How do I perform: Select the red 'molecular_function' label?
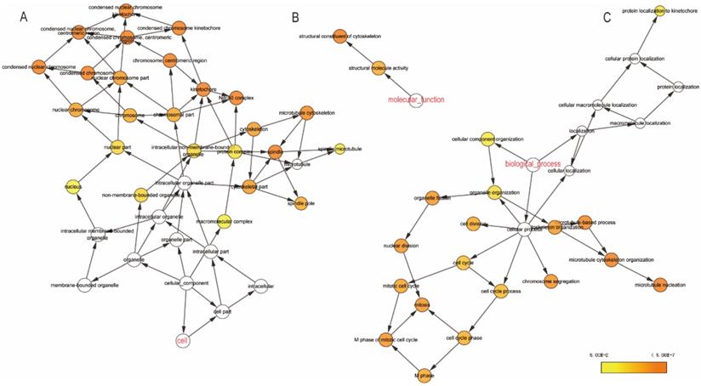tap(417, 100)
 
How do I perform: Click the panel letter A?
tap(23, 17)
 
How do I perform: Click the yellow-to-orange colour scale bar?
tap(634, 367)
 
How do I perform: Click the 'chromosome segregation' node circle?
tap(550, 278)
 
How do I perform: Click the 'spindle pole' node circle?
tap(276, 203)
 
